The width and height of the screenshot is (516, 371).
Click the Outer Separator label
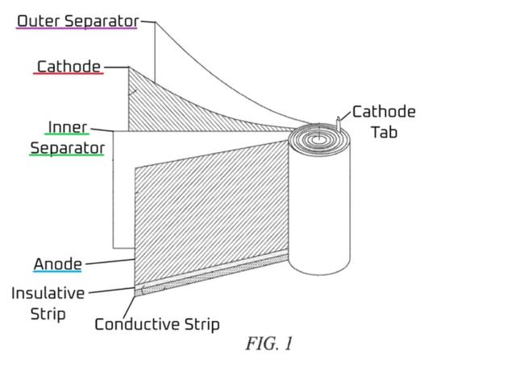77,20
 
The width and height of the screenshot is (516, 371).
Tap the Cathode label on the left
69,65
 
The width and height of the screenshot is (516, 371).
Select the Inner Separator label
67,138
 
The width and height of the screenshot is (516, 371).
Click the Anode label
57,263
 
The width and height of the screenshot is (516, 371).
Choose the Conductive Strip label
156,324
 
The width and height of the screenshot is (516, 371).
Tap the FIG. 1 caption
268,344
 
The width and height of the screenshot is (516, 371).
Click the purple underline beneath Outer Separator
77,29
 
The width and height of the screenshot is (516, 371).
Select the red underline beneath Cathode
69,74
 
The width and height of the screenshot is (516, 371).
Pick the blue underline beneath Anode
57,272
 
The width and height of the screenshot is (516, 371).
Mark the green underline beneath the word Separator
67,155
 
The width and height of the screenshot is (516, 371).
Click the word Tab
384,131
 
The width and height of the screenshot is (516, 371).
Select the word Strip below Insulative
48,313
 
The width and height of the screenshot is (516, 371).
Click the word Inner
67,127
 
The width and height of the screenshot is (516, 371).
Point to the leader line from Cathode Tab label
345,117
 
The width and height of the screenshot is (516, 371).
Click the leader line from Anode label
109,262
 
